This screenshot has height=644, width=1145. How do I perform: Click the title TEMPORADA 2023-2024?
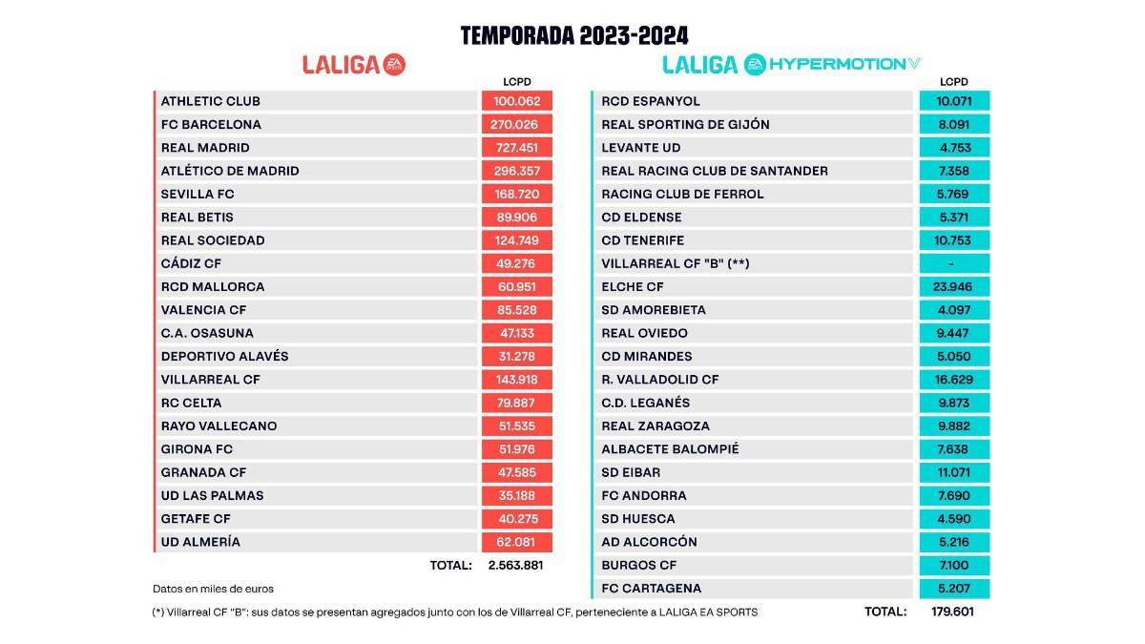click(574, 36)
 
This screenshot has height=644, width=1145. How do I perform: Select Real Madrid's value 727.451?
click(517, 148)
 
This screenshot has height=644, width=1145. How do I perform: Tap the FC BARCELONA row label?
click(211, 124)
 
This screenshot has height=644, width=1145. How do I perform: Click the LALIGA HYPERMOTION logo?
click(792, 65)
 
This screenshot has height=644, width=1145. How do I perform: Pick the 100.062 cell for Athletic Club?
click(517, 101)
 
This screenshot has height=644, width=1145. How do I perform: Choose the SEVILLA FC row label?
click(198, 194)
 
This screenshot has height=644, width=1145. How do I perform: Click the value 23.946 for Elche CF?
click(954, 286)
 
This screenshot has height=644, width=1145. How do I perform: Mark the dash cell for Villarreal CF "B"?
click(954, 263)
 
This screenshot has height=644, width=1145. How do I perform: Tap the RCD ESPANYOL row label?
click(651, 101)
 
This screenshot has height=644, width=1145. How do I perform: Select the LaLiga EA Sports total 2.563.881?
click(515, 565)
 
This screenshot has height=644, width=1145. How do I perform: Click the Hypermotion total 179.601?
click(953, 612)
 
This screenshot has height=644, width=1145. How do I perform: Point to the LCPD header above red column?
click(517, 82)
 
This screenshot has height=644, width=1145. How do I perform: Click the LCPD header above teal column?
click(954, 82)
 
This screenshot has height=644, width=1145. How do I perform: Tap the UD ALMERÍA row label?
click(200, 542)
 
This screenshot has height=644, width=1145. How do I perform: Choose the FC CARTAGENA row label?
click(652, 589)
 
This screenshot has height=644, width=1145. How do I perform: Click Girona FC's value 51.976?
click(517, 449)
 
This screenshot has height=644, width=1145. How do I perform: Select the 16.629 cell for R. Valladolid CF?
click(954, 380)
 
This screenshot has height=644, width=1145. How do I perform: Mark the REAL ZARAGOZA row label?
click(656, 426)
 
